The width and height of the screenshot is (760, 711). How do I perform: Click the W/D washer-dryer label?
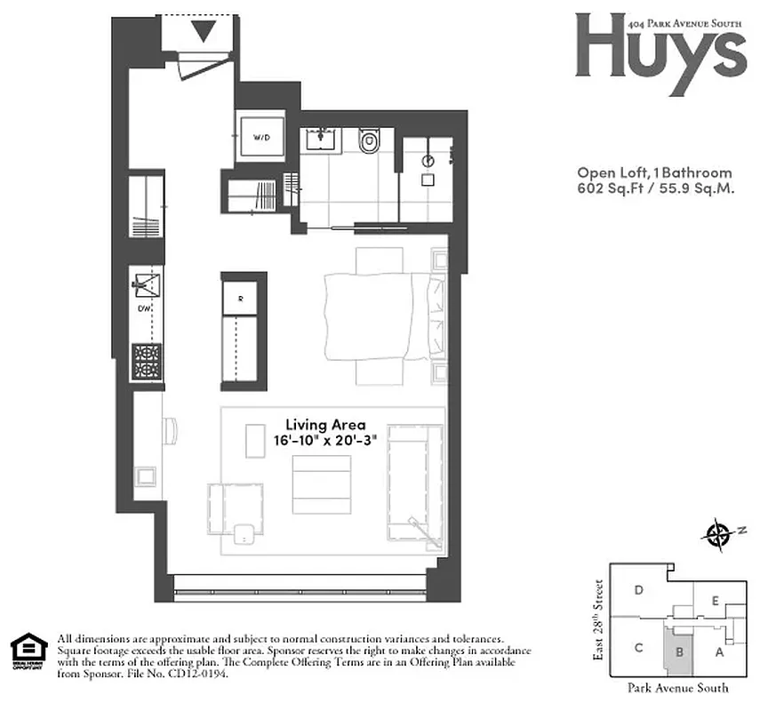click(261, 139)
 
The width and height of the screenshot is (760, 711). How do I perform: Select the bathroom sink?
click(319, 140)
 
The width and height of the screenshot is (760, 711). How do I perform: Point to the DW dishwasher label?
click(144, 309)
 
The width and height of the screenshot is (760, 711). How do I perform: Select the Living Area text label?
click(324, 425)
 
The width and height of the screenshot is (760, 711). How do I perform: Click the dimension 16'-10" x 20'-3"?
click(324, 441)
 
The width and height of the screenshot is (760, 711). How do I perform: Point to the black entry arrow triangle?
click(204, 33)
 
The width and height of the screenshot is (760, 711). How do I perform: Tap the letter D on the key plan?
click(638, 590)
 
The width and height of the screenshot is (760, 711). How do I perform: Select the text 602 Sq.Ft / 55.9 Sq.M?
click(655, 188)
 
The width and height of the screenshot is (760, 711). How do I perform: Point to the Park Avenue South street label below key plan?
click(677, 687)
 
